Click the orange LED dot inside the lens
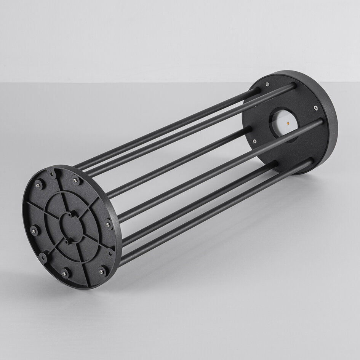288,123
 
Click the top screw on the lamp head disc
267,84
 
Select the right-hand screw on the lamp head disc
315,108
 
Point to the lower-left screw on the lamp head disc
254,141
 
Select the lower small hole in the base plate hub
67,242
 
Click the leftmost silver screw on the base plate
34,230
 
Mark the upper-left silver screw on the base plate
38,185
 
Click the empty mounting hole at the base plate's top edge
51,174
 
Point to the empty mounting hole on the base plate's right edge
110,252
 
